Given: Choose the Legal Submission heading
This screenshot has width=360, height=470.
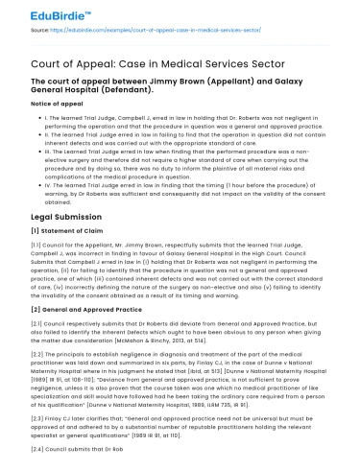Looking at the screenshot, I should click(56, 218).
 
